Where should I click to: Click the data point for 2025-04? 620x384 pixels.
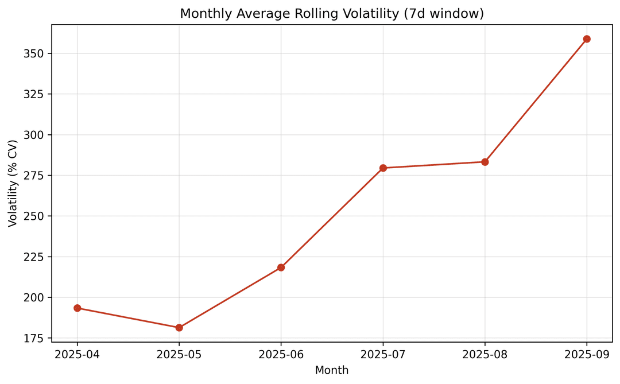[77, 308]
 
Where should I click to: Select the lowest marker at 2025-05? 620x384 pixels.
[179, 328]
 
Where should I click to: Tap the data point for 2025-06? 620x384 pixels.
[281, 267]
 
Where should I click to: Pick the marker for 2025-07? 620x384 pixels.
[383, 168]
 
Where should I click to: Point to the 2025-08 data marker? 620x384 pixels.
[485, 162]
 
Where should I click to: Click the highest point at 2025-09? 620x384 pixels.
[587, 39]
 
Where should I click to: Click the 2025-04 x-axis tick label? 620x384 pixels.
[77, 355]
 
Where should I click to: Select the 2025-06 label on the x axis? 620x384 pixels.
[281, 355]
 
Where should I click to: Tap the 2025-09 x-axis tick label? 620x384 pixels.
[587, 355]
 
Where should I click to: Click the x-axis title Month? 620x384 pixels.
[332, 371]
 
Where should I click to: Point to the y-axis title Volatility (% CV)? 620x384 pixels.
[13, 183]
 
